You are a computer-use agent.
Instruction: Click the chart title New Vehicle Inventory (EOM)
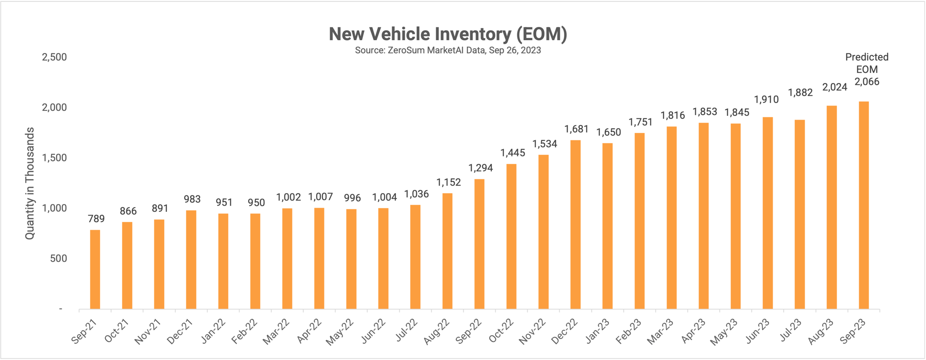448,34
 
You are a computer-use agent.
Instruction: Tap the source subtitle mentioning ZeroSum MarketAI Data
448,50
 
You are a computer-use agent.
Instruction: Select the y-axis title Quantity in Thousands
29,183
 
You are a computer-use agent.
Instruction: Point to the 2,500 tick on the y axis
54,57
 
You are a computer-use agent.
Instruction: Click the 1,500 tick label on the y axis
54,158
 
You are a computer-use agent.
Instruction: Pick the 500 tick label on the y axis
58,259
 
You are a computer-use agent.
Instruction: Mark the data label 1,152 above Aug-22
449,182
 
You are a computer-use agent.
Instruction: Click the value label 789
96,219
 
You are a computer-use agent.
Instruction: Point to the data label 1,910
766,100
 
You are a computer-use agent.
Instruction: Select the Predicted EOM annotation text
867,63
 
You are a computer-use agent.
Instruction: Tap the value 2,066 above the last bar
867,82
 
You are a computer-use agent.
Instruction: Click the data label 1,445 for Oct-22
513,153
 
